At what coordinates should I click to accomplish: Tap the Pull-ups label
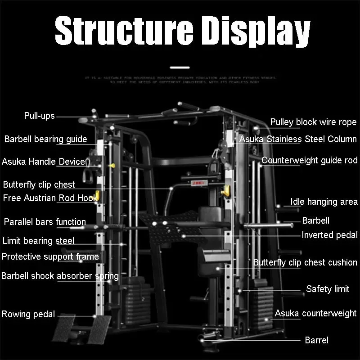pyautogui.click(x=39, y=116)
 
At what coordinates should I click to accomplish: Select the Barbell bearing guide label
pyautogui.click(x=45, y=139)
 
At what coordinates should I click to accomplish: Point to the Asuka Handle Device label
pyautogui.click(x=43, y=161)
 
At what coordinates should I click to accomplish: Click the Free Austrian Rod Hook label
pyautogui.click(x=50, y=198)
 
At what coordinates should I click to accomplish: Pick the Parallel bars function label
pyautogui.click(x=45, y=221)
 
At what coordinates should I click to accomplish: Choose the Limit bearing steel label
pyautogui.click(x=38, y=240)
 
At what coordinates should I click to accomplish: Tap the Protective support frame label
pyautogui.click(x=50, y=256)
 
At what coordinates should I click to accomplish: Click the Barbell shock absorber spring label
pyautogui.click(x=60, y=275)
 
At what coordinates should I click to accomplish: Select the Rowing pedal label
pyautogui.click(x=28, y=314)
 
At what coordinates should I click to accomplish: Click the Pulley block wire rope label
pyautogui.click(x=313, y=122)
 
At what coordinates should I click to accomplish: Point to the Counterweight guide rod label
pyautogui.click(x=310, y=160)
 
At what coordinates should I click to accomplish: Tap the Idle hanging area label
pyautogui.click(x=324, y=202)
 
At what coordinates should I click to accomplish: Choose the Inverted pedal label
pyautogui.click(x=329, y=235)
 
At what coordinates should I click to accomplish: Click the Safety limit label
pyautogui.click(x=328, y=289)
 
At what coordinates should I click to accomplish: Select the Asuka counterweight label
pyautogui.click(x=315, y=313)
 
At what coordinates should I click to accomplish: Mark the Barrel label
pyautogui.click(x=317, y=340)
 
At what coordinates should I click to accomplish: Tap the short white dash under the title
pyautogui.click(x=180, y=67)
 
